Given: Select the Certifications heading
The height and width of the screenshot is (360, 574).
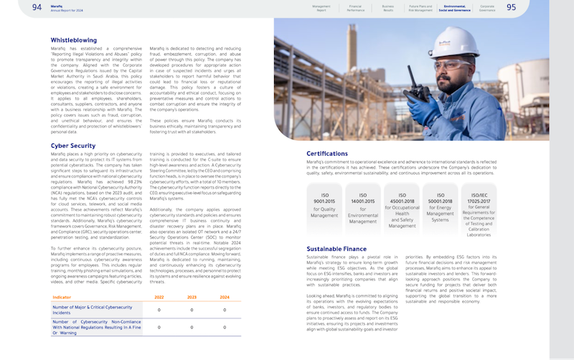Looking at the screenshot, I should (327, 153).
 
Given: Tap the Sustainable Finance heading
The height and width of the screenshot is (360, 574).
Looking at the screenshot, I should (337, 249).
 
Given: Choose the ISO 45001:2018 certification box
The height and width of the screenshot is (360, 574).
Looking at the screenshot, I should (401, 207).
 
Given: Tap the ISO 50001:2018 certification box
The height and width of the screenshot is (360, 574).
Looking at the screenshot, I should (440, 207).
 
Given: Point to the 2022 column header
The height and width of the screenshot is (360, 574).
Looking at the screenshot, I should (159, 297).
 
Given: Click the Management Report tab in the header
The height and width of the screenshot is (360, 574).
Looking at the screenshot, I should (321, 8).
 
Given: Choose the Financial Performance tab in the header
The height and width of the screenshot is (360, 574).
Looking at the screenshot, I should (355, 8).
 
